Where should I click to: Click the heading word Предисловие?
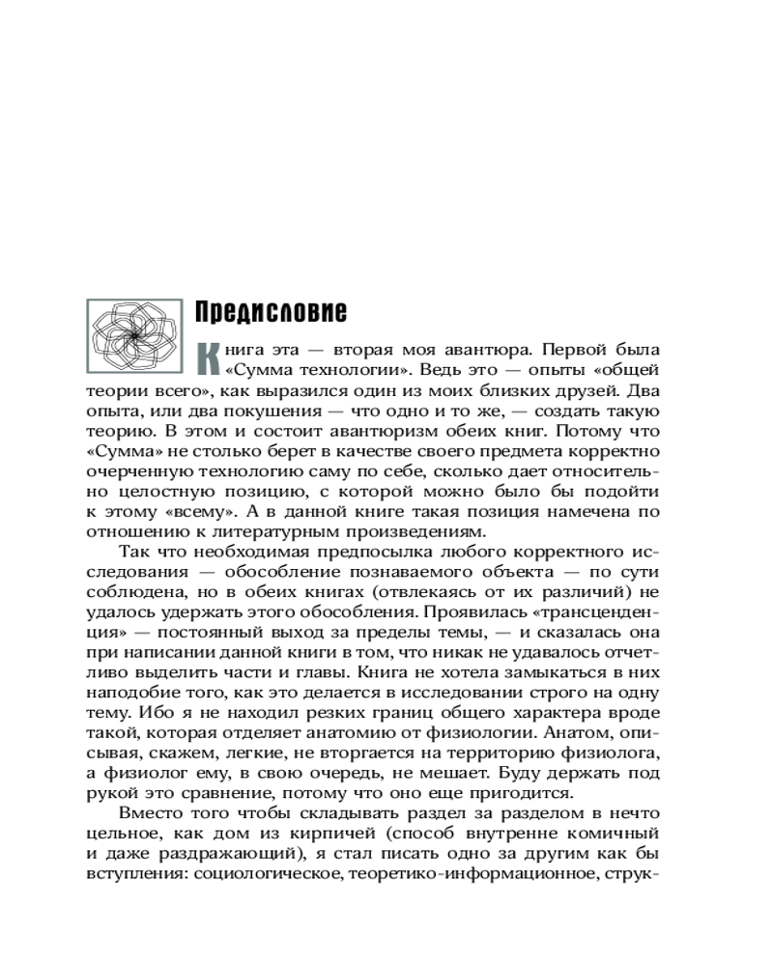(271, 313)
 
